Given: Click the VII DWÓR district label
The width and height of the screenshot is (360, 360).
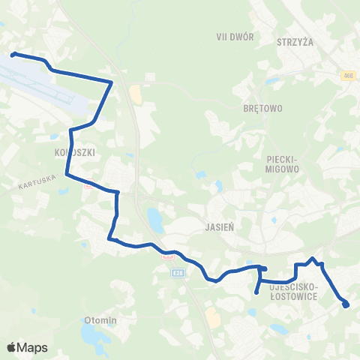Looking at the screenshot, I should [235, 37].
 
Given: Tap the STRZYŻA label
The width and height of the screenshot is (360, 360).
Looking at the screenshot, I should [295, 43].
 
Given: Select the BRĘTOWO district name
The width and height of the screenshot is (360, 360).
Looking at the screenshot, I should [262, 109].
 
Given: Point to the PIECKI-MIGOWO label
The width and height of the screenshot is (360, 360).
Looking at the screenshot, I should [282, 164].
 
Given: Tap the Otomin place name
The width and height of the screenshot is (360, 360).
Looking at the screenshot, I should [102, 321].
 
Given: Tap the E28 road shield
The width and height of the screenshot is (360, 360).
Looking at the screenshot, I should [177, 273].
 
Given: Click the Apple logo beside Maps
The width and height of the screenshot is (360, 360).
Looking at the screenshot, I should [11, 347].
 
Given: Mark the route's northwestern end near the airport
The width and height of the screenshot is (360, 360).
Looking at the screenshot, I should [13, 54].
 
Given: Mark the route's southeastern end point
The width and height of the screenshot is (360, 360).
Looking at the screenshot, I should [346, 304].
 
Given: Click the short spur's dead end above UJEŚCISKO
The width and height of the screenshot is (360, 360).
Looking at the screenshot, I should [256, 292].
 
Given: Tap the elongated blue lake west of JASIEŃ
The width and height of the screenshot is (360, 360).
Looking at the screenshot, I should [155, 220].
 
